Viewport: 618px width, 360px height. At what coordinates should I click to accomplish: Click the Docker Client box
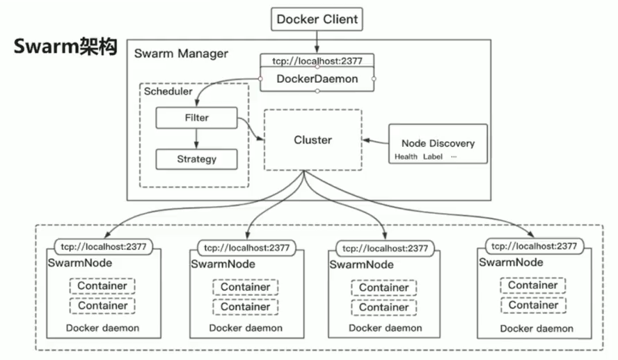tap(317, 19)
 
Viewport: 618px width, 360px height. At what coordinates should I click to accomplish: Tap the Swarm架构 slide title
tap(65, 47)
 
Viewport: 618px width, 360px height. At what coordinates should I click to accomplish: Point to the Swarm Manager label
tap(181, 54)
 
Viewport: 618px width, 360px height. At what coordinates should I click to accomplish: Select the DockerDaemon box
tap(317, 79)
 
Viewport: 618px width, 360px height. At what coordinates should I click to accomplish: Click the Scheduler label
tap(168, 92)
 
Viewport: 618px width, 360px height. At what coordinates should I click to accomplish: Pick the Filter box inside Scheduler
tap(196, 118)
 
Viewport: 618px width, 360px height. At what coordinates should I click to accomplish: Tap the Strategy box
tap(196, 159)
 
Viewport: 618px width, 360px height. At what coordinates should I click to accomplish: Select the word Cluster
tap(312, 140)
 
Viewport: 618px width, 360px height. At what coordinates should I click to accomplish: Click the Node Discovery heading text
tap(438, 143)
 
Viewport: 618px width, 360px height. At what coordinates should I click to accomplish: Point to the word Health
tap(406, 157)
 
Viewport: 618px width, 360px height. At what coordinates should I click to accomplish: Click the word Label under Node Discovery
tap(432, 157)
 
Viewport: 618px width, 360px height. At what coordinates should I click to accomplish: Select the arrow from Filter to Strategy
tap(196, 138)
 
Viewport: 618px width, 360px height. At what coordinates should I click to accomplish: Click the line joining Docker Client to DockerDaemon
tap(317, 42)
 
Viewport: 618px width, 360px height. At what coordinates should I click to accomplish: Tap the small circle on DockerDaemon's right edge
tap(374, 79)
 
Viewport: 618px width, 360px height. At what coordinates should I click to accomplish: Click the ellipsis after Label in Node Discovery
tap(453, 157)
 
